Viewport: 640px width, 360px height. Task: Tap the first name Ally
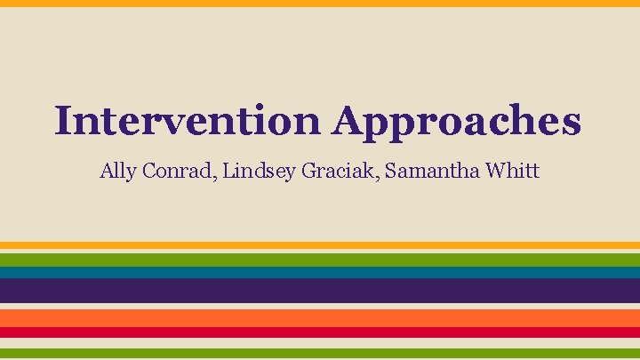[x=116, y=171]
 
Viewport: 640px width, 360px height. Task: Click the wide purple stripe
[x=320, y=291]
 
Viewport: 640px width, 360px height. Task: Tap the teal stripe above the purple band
[x=320, y=273]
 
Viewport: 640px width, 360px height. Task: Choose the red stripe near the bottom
[x=320, y=332]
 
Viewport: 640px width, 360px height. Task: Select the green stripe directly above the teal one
[x=320, y=260]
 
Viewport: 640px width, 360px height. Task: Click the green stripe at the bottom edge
[x=320, y=353]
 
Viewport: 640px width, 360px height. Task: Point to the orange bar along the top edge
[x=320, y=3]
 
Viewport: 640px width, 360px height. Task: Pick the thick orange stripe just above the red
[x=320, y=317]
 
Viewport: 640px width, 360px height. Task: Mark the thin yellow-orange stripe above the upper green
[x=320, y=246]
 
